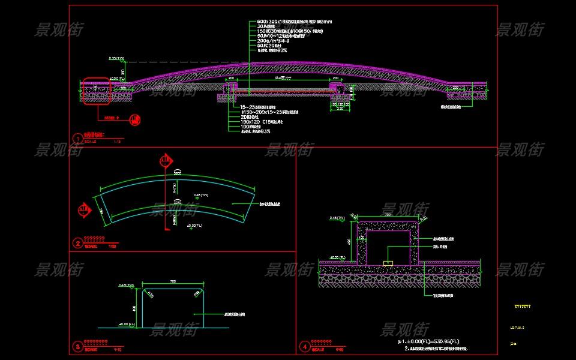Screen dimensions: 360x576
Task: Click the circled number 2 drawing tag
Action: point(77,243)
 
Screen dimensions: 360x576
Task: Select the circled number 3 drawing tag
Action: point(77,346)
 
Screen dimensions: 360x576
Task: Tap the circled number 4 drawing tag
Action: point(305,346)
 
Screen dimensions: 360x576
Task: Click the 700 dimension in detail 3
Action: point(173,281)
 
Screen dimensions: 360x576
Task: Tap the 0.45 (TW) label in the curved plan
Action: point(201,194)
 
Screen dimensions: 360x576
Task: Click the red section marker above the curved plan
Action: point(166,161)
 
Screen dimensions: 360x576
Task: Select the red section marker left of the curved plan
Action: point(83,209)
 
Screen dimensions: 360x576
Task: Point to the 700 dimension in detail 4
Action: point(388,214)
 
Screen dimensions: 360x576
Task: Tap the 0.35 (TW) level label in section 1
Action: point(116,59)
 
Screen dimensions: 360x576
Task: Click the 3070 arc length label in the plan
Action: point(178,203)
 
